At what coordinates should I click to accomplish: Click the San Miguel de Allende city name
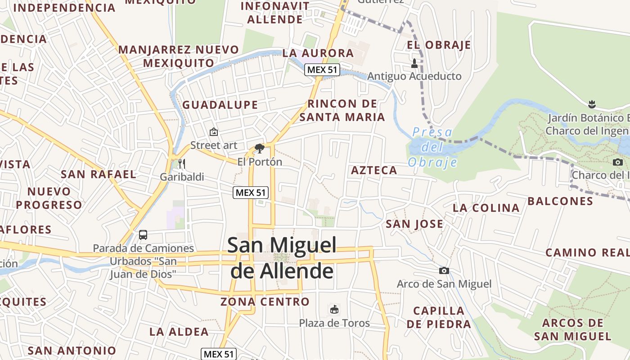[282, 258]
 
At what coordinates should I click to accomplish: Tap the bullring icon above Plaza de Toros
[334, 310]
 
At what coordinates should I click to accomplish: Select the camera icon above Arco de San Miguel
[444, 270]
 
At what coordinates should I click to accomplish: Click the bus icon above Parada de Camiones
[143, 234]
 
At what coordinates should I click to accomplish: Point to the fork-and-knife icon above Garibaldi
[182, 163]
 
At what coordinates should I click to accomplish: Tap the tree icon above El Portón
[259, 148]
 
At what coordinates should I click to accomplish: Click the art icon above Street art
[214, 132]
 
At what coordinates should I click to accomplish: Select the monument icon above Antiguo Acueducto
[414, 63]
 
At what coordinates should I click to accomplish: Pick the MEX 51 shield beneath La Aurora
[322, 70]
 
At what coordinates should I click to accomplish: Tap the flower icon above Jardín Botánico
[592, 105]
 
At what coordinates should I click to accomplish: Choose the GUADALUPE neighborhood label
[220, 105]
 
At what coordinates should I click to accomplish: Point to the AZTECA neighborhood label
[374, 170]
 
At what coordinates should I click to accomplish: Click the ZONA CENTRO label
[265, 301]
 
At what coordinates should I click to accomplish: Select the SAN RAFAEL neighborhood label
[99, 174]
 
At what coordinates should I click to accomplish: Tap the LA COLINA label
[486, 208]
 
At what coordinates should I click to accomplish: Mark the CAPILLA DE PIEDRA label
[438, 317]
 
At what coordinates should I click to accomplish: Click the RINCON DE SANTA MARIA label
[342, 110]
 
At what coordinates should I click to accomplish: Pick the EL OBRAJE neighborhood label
[439, 45]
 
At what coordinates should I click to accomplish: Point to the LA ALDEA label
[179, 332]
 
